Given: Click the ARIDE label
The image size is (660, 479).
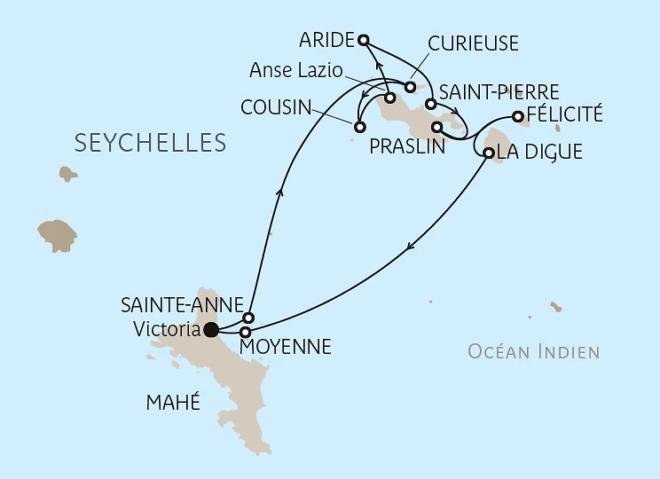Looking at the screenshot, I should [x=326, y=40].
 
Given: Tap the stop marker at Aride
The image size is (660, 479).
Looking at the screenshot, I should [x=363, y=39].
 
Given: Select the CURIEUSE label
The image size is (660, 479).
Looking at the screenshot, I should [x=473, y=44].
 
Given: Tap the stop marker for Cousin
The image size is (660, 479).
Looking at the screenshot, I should [x=358, y=127].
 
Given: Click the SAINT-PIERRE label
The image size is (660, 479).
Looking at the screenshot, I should [x=499, y=91].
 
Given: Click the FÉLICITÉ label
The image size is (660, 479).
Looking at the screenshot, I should [x=564, y=114].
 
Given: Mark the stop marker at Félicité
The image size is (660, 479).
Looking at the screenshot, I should [x=518, y=116].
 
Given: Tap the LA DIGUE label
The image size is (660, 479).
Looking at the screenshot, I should [x=539, y=153].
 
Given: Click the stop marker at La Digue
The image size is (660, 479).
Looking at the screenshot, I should [x=489, y=153].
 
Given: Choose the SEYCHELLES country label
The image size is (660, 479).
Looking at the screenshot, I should [x=150, y=143].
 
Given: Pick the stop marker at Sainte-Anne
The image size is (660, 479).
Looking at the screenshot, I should [x=248, y=318].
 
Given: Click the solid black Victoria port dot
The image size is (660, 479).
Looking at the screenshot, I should [x=211, y=331].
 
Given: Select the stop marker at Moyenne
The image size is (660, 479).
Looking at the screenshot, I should [x=246, y=333].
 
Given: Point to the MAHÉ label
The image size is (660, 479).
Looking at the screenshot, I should [x=172, y=404].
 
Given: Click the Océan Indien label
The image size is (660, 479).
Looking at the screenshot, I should [x=534, y=352].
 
